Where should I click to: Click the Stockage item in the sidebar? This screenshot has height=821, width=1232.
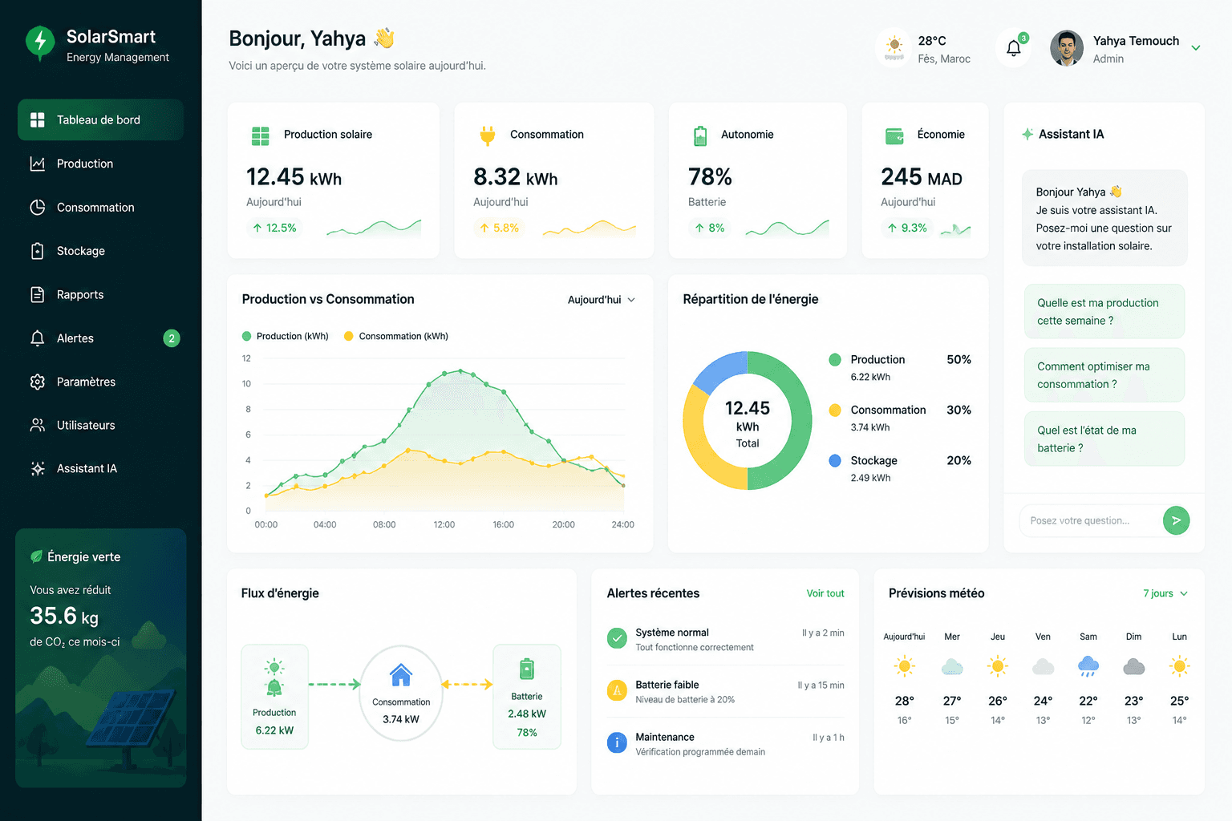(80, 251)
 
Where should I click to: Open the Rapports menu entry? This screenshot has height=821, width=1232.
(79, 295)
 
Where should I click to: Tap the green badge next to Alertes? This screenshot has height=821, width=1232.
(172, 338)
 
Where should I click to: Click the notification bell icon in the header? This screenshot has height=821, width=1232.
(1014, 48)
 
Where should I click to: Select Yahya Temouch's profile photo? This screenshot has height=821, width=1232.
(1067, 48)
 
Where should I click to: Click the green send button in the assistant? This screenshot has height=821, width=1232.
(1176, 520)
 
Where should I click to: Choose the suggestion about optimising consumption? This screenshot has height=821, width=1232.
(1104, 375)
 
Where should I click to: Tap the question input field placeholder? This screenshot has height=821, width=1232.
(1079, 521)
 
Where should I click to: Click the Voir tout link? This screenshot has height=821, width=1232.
(825, 593)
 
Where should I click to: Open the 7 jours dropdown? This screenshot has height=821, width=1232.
(1165, 593)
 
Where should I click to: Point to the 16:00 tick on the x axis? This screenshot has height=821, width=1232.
(503, 524)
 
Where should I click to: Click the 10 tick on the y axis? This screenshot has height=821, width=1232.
(246, 384)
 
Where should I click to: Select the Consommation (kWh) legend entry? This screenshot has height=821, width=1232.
(396, 336)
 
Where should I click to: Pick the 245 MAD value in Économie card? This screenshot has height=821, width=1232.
(922, 177)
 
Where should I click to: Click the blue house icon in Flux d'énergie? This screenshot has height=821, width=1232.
(400, 675)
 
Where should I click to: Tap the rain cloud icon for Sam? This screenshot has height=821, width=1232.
(1088, 666)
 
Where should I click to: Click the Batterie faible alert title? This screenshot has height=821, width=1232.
(667, 685)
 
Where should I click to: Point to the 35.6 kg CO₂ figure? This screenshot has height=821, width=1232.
(64, 616)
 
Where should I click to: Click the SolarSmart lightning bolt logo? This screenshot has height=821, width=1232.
(40, 42)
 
